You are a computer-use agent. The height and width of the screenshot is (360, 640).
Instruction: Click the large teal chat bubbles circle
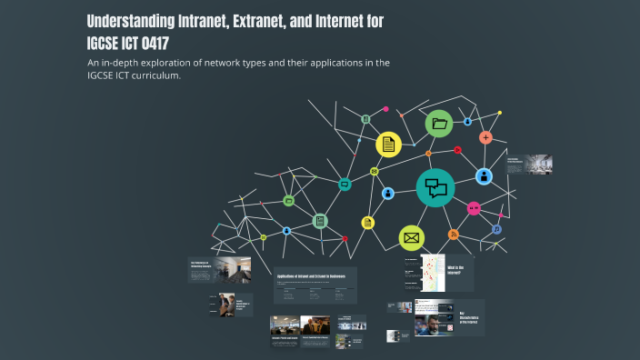coord(436,187)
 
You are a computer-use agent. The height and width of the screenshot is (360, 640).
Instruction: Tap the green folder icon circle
coord(440,124)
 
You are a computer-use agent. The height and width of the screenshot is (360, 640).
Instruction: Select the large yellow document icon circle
coord(389,144)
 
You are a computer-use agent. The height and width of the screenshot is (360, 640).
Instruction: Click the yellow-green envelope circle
coord(412,238)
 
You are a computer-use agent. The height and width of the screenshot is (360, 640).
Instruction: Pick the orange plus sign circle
coord(486,137)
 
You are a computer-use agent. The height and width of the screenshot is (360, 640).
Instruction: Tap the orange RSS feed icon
coord(454,235)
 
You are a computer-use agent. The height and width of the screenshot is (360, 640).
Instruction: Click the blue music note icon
coord(496,229)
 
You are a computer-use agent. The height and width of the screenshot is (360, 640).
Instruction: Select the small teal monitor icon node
coord(345,185)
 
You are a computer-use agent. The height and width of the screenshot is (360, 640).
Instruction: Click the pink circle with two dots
coord(473,208)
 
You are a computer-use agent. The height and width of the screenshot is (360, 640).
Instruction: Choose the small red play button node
coord(458,150)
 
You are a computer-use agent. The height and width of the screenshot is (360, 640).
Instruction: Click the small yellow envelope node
coord(374,171)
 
